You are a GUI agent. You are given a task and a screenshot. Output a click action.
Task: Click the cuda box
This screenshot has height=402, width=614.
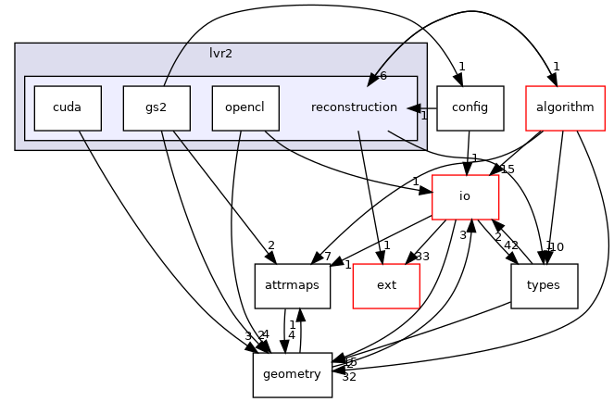pos(68,107)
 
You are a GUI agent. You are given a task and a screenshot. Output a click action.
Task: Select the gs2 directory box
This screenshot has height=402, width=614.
pos(157,107)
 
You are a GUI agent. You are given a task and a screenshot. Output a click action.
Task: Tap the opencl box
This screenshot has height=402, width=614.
pos(244,107)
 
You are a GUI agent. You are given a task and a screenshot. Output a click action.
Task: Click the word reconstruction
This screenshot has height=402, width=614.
pos(354,107)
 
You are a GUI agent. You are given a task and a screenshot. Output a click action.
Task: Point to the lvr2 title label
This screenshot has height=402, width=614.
pos(220,54)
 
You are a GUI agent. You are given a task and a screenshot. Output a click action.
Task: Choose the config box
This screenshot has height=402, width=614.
pos(470,107)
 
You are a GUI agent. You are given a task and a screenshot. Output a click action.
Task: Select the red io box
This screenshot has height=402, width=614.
pos(465,196)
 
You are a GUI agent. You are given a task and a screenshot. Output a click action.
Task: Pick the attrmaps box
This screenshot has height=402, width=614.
pos(293,285)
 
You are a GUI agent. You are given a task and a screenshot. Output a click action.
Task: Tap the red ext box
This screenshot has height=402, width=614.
pos(386,285)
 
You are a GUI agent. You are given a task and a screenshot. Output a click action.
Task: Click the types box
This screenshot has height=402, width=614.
pos(543,285)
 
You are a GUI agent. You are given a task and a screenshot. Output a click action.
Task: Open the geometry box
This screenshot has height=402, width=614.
pos(293,374)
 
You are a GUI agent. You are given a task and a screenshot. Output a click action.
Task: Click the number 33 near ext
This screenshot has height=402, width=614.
pos(423,257)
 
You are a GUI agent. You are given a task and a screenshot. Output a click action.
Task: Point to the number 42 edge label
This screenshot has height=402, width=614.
pos(510,245)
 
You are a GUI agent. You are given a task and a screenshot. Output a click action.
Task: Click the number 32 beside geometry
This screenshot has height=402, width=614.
pos(350,377)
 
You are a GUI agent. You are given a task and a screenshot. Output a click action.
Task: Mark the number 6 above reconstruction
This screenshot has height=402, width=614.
pos(382,76)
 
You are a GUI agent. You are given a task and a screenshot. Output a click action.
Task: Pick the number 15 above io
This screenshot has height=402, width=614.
pos(507,169)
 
